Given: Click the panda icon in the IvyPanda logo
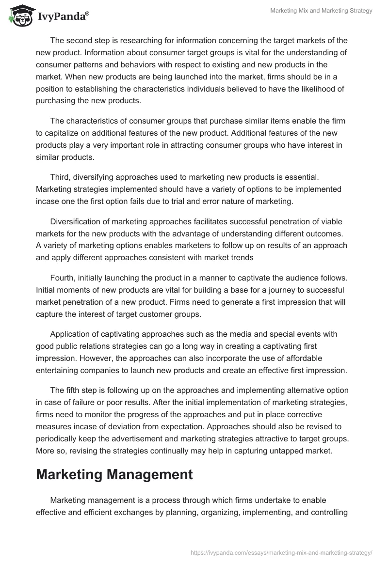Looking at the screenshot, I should (19, 16).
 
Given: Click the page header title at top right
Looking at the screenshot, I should (321, 11).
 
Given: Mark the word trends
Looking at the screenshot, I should (239, 258).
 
